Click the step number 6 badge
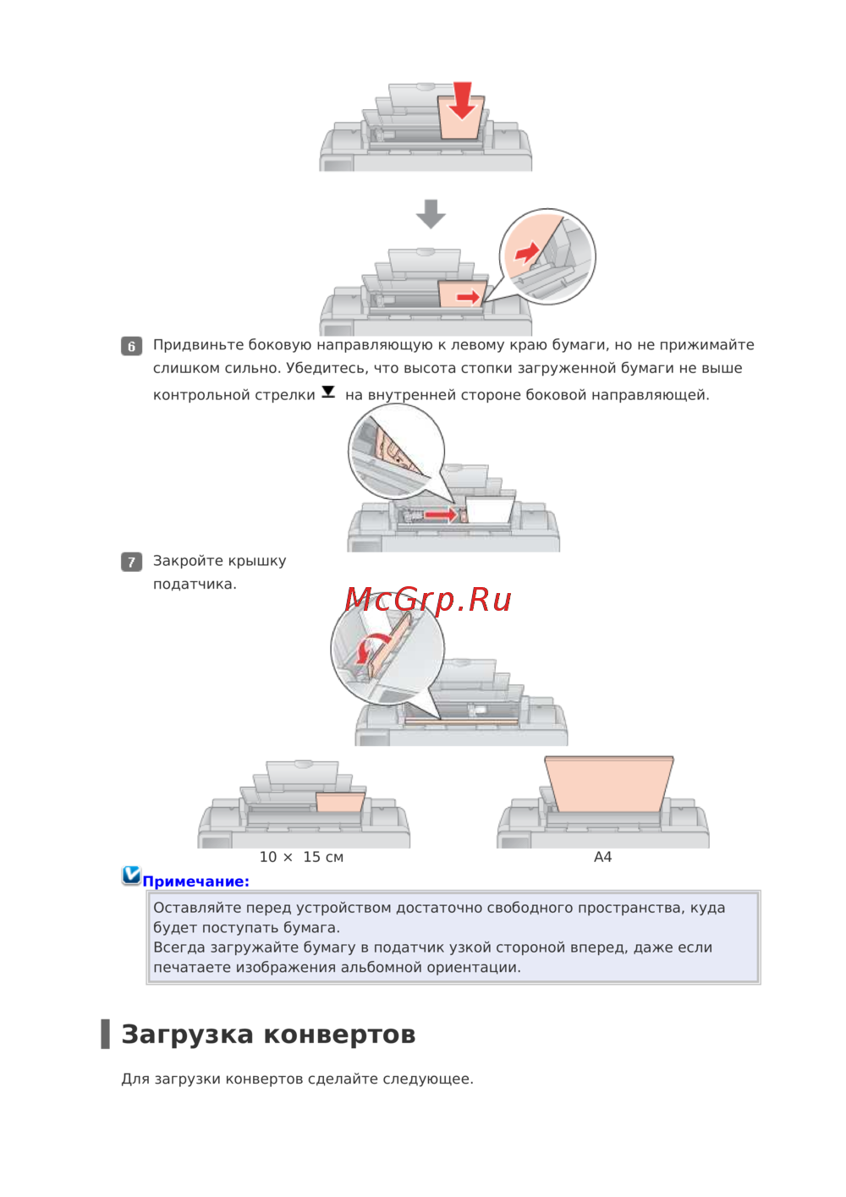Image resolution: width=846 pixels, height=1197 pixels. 131,346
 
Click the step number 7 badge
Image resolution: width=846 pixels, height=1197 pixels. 131,562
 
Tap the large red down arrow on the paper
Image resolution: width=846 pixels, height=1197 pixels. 462,101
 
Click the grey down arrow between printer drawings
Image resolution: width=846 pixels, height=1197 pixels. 431,214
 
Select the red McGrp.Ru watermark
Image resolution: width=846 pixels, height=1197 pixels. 428,600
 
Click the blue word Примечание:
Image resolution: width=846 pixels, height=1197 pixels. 196,881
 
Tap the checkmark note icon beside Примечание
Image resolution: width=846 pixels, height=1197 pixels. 131,876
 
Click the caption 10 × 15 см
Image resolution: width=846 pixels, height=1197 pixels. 301,857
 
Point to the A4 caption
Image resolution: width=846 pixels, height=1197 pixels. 602,857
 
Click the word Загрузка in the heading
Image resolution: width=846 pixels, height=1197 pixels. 187,1034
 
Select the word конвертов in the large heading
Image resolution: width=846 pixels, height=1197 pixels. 339,1035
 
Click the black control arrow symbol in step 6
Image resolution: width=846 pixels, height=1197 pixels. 328,393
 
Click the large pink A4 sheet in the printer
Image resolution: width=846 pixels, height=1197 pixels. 609,783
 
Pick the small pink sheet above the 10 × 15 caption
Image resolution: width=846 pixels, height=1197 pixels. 340,802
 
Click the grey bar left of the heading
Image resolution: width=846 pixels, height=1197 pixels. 105,1034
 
